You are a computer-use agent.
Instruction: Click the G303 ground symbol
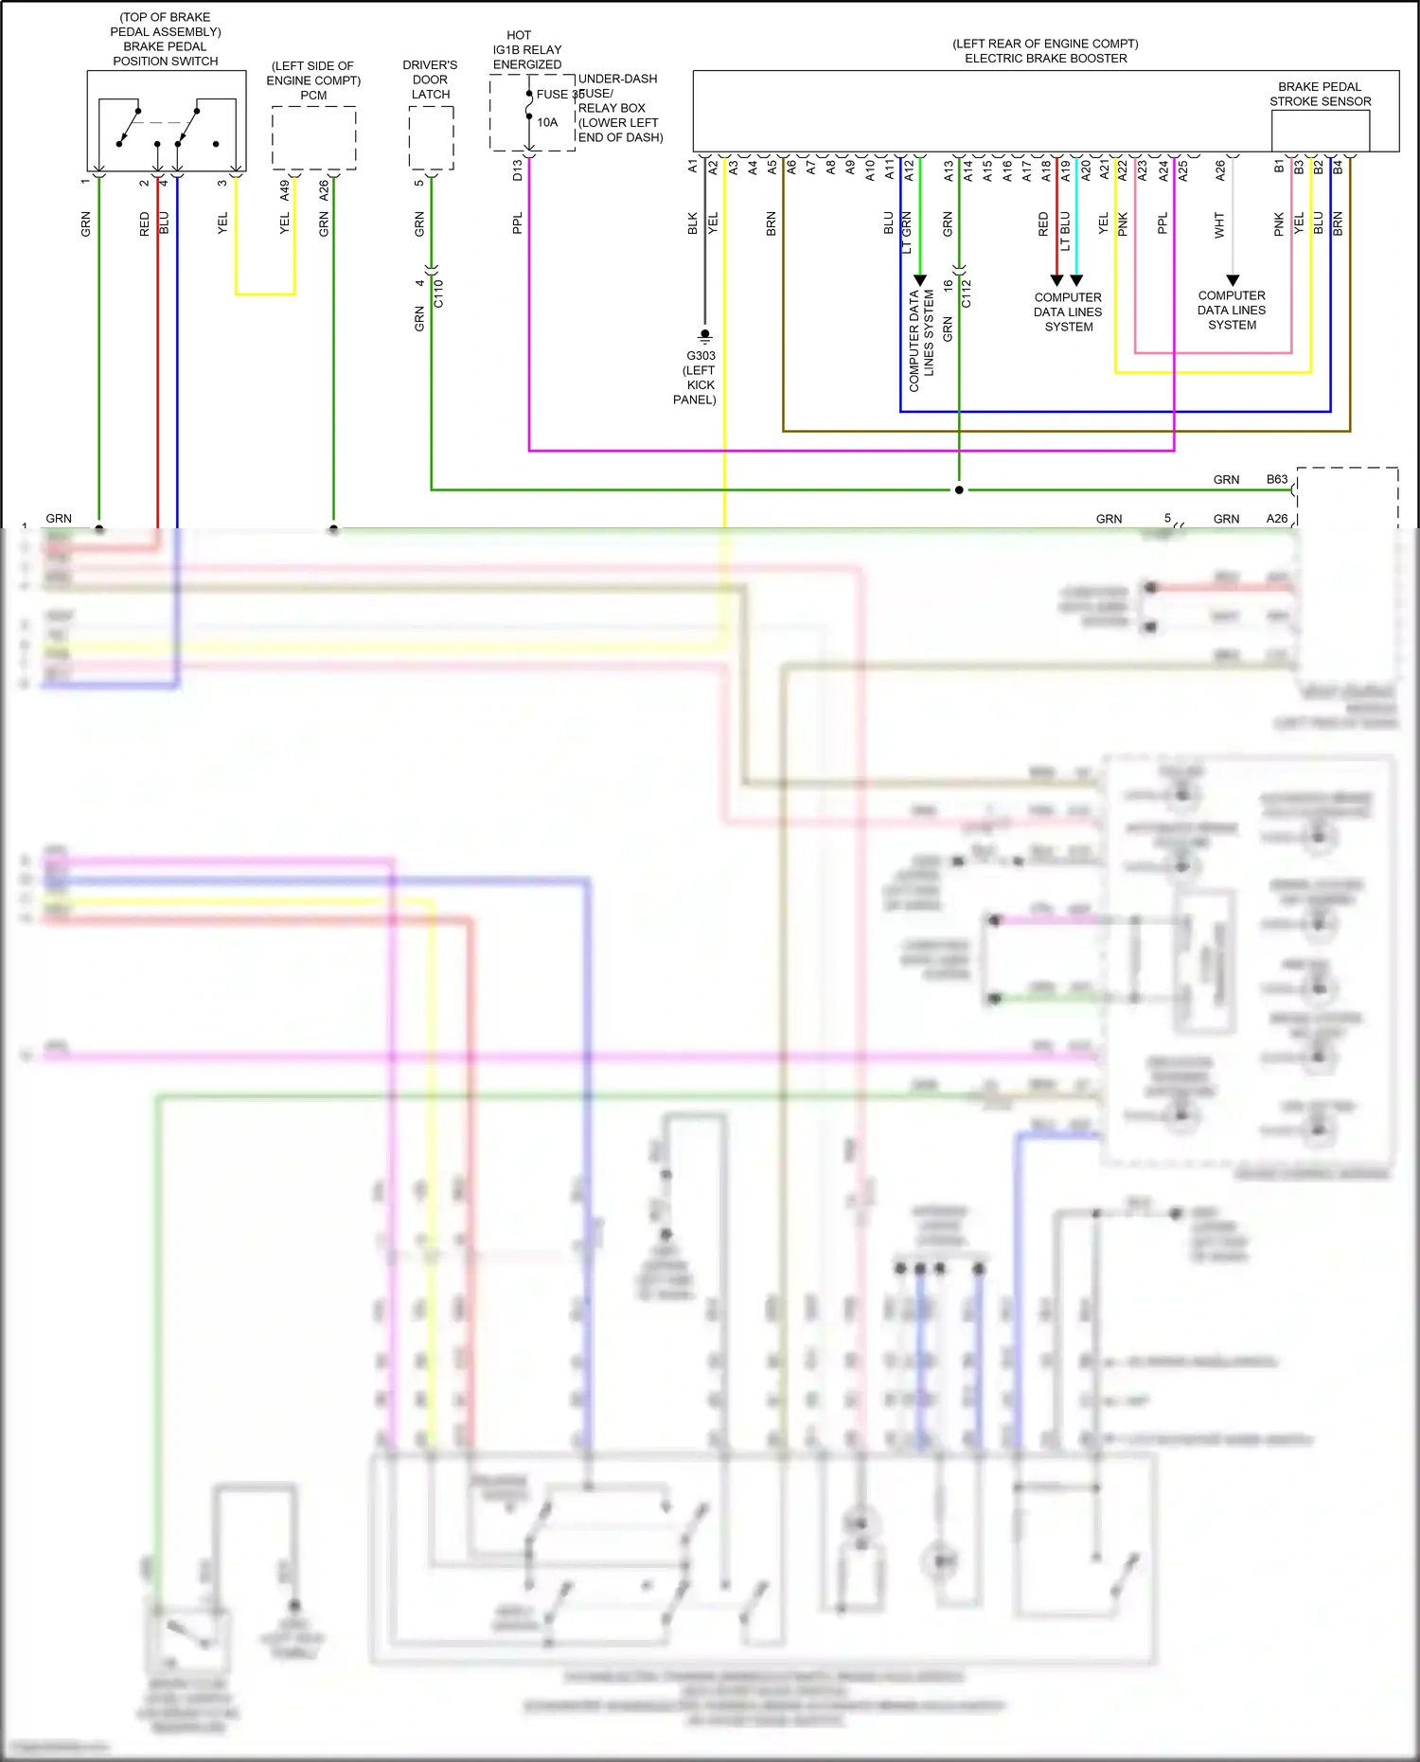click(704, 336)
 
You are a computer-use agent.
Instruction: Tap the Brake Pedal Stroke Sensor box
click(1320, 131)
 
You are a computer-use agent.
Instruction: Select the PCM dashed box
click(313, 138)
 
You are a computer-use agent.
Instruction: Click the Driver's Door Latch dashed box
click(431, 138)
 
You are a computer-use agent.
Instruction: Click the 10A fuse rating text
click(547, 122)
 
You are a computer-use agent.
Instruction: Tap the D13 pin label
click(517, 170)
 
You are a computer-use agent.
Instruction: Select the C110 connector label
click(438, 294)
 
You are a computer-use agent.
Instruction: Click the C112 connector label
click(967, 294)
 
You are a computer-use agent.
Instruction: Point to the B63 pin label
click(1277, 479)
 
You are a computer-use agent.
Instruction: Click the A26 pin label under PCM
click(324, 189)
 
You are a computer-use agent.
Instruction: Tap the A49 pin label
click(285, 189)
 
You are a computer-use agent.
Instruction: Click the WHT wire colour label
click(1219, 224)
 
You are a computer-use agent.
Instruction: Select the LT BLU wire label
click(1065, 230)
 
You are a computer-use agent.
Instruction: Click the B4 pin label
click(1338, 167)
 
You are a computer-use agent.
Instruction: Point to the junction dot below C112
click(959, 489)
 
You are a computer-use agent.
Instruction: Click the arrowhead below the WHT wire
click(1232, 280)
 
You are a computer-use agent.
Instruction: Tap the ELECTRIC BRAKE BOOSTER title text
click(1045, 59)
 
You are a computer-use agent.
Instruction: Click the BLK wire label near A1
click(693, 223)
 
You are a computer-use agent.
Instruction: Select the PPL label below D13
click(517, 223)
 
